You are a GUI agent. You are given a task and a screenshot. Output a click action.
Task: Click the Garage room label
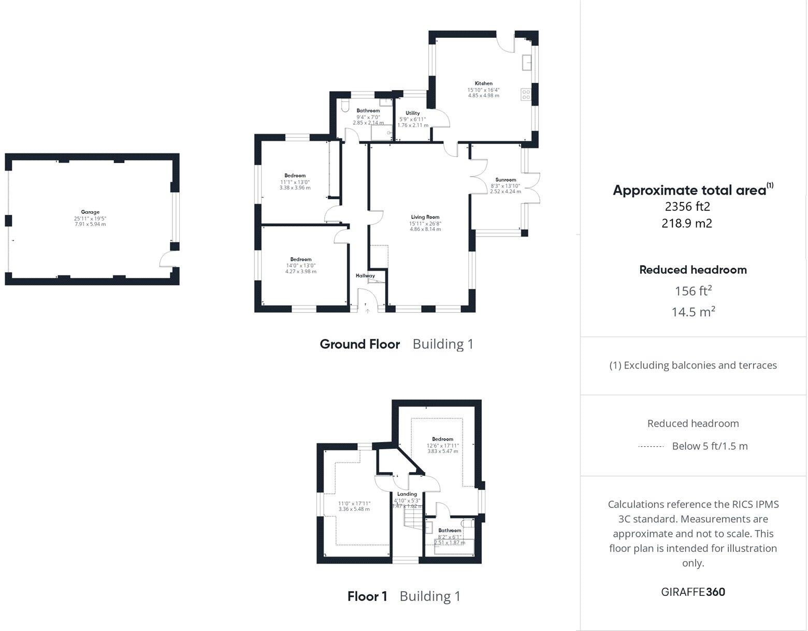[90, 212]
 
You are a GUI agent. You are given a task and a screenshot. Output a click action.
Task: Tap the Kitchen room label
[484, 83]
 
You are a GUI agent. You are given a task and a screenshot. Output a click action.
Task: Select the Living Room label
[425, 217]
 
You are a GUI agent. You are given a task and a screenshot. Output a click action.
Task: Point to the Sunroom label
[506, 180]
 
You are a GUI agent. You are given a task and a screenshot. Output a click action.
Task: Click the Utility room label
[413, 113]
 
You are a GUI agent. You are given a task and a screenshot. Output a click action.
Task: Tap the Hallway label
[365, 276]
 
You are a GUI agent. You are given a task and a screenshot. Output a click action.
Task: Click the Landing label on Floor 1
[407, 494]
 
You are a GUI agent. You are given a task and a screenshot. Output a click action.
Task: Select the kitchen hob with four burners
[526, 95]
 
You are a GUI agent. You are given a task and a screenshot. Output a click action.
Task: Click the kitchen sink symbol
[527, 62]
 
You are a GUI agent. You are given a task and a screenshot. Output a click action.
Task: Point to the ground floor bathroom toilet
[345, 106]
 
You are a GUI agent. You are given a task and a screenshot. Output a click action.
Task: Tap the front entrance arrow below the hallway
[367, 311]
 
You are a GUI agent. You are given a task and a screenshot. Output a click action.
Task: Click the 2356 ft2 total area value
[687, 207]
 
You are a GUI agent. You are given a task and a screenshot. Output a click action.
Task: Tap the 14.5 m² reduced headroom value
[693, 312]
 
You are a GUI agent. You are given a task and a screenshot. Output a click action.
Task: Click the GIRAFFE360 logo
[693, 592]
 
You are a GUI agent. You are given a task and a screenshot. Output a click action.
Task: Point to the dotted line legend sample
[651, 446]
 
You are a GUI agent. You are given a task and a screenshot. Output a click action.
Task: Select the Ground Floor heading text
[360, 344]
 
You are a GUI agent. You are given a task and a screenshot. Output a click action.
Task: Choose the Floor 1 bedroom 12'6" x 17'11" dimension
[443, 445]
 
